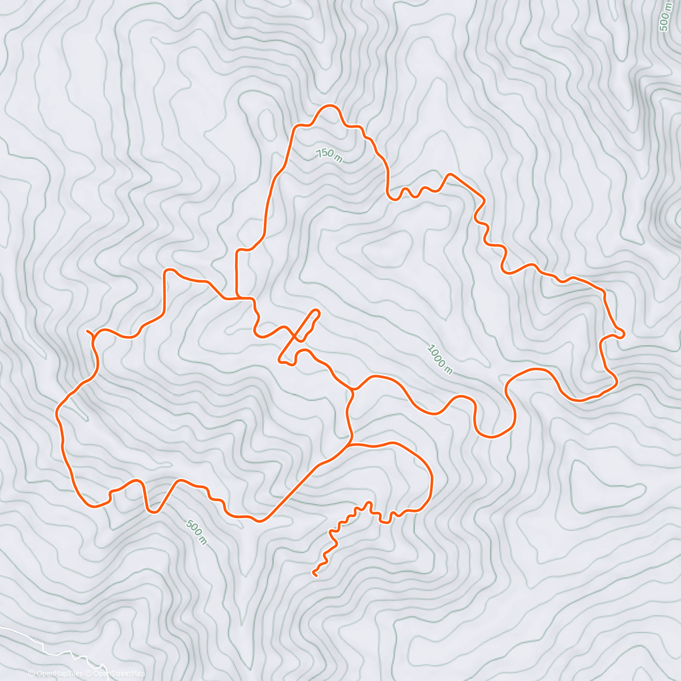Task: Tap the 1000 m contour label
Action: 440,359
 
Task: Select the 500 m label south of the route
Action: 196,532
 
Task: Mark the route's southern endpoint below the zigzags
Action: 314,574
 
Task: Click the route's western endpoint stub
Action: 87,330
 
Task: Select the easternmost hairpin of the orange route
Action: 623,334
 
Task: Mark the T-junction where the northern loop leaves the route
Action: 237,297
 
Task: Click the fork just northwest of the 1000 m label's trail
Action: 353,389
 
